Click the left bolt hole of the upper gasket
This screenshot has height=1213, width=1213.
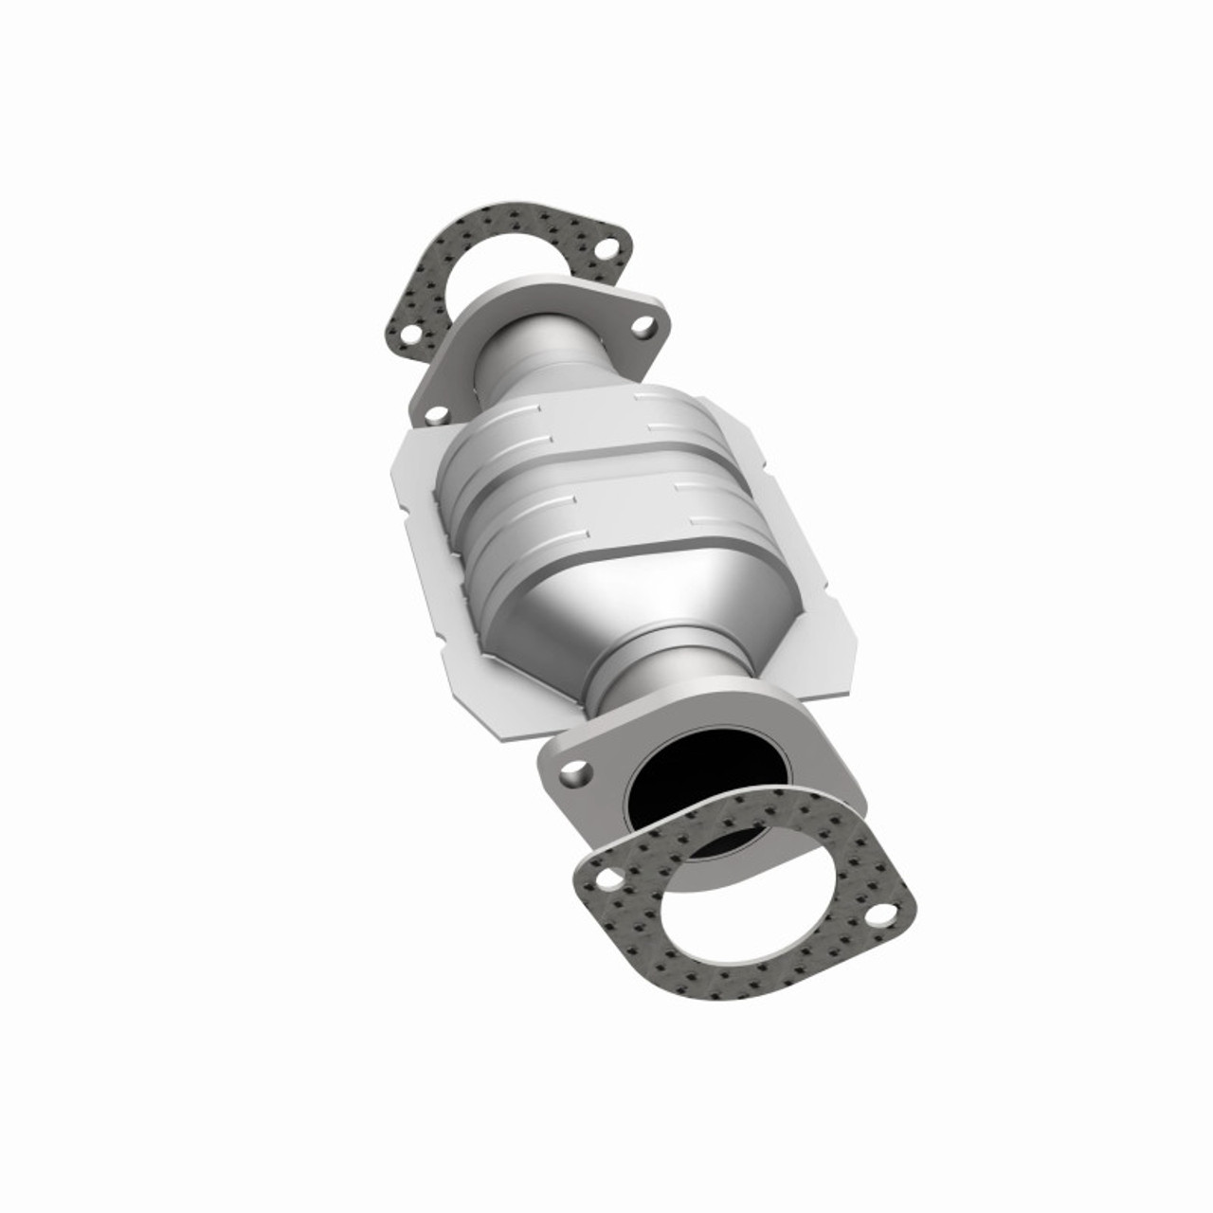[409, 335]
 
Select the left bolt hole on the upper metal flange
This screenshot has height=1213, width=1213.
[437, 412]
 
